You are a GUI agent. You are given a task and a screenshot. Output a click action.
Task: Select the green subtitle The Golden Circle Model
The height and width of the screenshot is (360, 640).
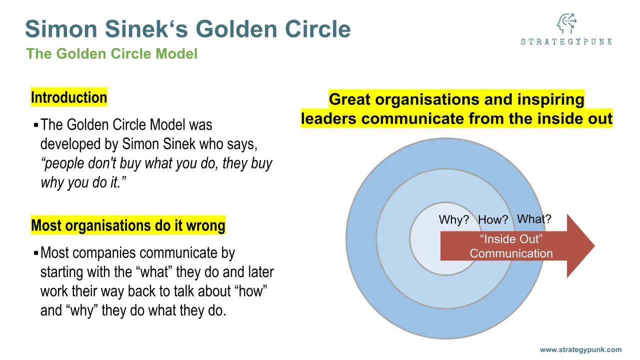[112, 53]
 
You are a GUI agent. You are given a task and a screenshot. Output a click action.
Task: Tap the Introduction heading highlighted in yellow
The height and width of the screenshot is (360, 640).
[69, 97]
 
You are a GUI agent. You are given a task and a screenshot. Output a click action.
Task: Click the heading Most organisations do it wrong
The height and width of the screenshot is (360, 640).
[128, 225]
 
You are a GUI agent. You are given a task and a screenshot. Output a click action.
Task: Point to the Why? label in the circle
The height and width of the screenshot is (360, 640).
[453, 220]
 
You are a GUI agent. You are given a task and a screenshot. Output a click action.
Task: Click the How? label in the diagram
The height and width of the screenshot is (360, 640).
[493, 220]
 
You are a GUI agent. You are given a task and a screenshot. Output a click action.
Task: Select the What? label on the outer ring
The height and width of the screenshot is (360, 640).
[534, 219]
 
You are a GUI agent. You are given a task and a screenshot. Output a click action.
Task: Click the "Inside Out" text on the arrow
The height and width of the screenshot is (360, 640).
[511, 239]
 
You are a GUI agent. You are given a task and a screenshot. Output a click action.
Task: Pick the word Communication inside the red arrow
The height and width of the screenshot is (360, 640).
[511, 253]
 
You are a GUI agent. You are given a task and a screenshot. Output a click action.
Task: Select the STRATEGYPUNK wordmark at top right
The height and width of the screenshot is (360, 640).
[566, 42]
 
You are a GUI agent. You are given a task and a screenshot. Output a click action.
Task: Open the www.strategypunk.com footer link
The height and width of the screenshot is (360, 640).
[580, 350]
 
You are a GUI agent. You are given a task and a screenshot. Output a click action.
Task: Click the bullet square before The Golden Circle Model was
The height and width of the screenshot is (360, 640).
[36, 124]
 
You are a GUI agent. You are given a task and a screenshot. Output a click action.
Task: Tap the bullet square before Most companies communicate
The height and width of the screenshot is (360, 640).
[36, 253]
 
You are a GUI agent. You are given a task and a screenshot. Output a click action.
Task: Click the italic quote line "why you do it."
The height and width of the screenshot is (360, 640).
[83, 182]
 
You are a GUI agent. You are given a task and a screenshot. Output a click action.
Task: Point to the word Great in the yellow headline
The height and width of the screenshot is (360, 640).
[350, 99]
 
